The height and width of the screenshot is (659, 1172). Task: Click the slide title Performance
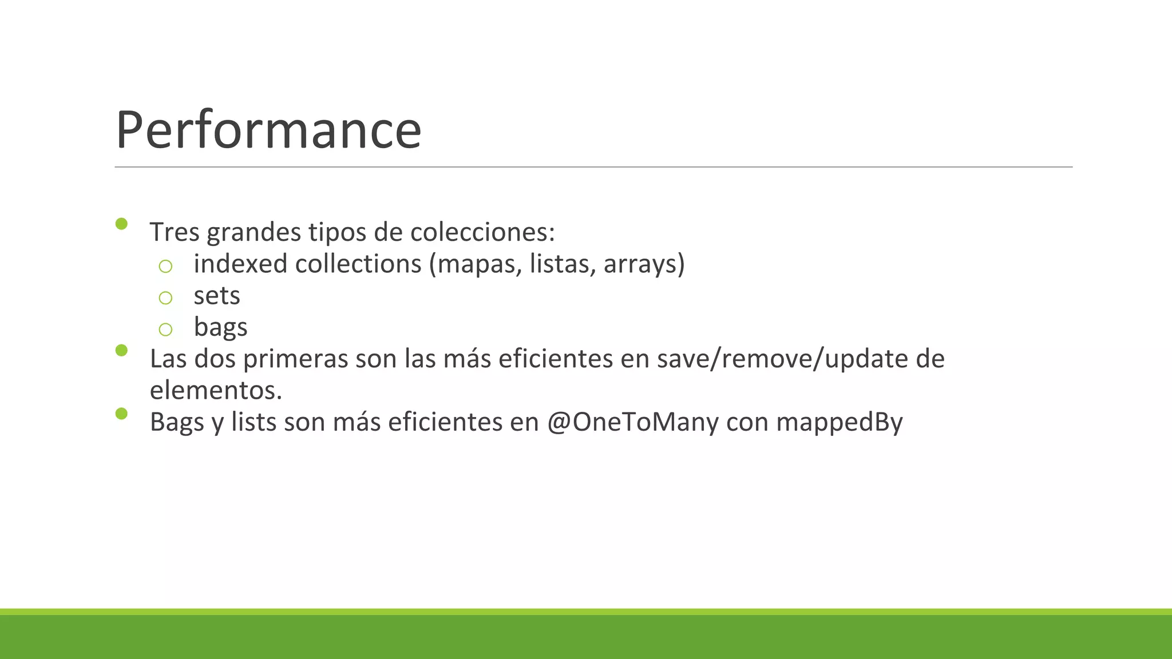[x=268, y=130]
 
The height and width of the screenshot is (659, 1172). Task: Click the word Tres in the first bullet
[x=175, y=232]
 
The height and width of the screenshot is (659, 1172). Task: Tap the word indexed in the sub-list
[x=240, y=264]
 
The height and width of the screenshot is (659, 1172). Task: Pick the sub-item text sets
[x=217, y=296]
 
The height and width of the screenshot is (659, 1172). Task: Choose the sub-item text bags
[x=220, y=327]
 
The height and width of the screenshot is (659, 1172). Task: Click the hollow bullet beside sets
[x=165, y=297]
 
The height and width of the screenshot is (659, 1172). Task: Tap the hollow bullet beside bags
[x=165, y=329]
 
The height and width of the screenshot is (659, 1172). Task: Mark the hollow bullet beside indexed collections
[x=165, y=266]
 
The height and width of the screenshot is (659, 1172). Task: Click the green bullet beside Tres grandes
[x=121, y=224]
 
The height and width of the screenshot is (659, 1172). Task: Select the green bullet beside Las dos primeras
[x=121, y=350]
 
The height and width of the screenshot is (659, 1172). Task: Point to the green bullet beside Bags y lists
[x=121, y=414]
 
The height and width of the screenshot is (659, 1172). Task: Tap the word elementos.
[x=216, y=391]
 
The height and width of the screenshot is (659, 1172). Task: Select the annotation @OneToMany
[x=632, y=422]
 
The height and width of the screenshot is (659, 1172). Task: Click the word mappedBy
[x=839, y=422]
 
